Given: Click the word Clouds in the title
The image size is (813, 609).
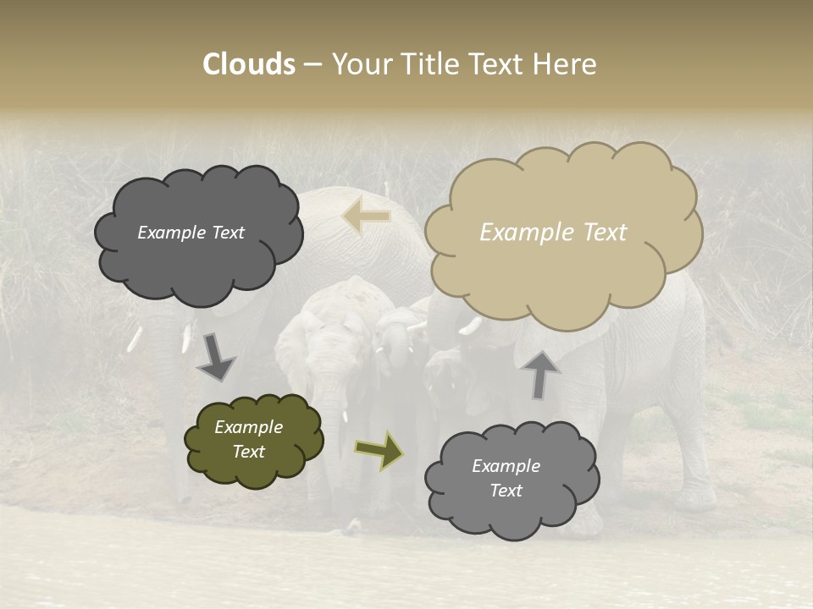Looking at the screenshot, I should coord(249,64).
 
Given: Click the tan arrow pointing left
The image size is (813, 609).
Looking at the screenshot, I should coord(366,217).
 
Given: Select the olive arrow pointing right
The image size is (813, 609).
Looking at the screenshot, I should coord(379,449).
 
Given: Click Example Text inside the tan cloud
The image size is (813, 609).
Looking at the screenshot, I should coord(553,233).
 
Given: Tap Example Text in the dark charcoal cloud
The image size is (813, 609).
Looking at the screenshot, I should coord(191,233).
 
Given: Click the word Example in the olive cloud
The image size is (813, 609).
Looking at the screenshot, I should coord(248,427).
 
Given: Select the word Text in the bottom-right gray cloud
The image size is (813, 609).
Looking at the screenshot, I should coord(506,491).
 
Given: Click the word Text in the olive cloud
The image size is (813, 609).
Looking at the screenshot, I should coord(248,452).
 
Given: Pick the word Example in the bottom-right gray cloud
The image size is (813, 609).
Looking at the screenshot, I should coord(506,466).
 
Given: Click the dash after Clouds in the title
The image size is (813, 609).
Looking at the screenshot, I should coord(312,64).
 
